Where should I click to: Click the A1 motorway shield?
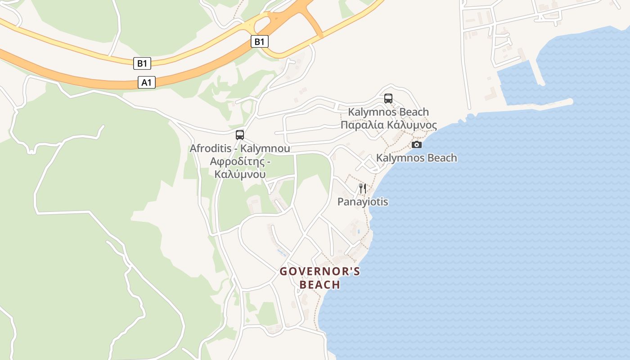pyautogui.click(x=147, y=82)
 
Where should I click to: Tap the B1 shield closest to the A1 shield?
pyautogui.click(x=142, y=63)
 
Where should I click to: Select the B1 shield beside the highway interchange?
pyautogui.click(x=259, y=42)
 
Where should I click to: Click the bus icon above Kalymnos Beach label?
pyautogui.click(x=388, y=98)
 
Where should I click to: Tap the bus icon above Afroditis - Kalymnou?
pyautogui.click(x=240, y=135)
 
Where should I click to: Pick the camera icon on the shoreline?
pyautogui.click(x=417, y=144)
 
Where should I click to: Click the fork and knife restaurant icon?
pyautogui.click(x=363, y=188)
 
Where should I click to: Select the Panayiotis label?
pyautogui.click(x=363, y=202)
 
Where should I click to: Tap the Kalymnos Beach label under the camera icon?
pyautogui.click(x=416, y=158)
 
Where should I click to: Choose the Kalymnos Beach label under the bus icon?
pyautogui.click(x=388, y=112)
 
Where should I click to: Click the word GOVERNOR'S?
pyautogui.click(x=320, y=271)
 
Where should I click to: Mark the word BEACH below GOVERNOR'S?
pyautogui.click(x=320, y=285)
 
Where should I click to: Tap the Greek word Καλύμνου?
pyautogui.click(x=240, y=174)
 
